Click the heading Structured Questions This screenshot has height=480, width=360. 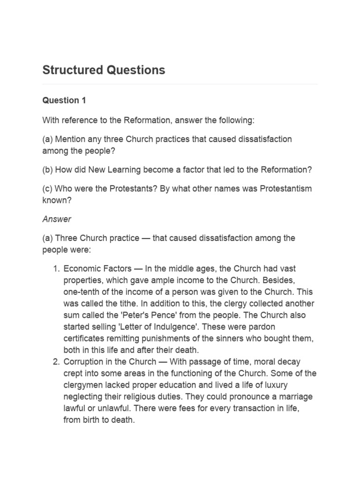(104, 70)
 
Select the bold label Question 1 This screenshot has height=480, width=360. (64, 100)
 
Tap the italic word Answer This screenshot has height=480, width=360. (57, 219)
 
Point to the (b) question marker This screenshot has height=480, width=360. (47, 170)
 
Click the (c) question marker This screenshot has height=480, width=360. (47, 188)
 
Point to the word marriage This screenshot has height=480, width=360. (292, 397)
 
